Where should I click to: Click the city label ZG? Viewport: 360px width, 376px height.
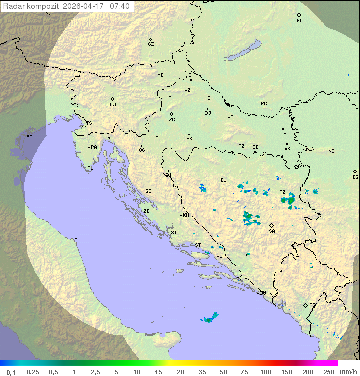click(x=172, y=120)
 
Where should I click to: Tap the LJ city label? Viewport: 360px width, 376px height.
click(x=113, y=104)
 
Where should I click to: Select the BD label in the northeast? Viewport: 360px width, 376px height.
click(x=299, y=21)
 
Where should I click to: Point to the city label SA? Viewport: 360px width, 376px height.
click(x=272, y=231)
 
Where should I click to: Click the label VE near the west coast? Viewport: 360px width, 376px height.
click(x=29, y=136)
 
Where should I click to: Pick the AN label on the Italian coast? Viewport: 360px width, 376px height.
click(x=77, y=240)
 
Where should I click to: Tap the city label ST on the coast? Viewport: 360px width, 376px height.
click(x=198, y=245)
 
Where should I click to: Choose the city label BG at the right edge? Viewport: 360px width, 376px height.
click(x=355, y=177)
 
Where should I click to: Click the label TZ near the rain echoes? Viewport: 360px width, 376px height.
click(x=282, y=192)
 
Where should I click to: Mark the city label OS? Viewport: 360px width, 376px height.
click(x=283, y=134)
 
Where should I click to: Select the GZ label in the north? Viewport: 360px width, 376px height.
click(x=151, y=44)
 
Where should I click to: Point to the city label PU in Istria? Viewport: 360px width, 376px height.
click(x=90, y=168)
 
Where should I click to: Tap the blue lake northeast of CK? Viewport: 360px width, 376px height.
click(x=243, y=51)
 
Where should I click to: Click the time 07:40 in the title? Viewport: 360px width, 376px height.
click(x=120, y=6)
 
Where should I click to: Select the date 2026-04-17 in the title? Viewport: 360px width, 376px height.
click(x=84, y=6)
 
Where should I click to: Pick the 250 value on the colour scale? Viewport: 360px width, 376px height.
click(x=328, y=372)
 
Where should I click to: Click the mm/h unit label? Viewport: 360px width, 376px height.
click(x=348, y=372)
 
